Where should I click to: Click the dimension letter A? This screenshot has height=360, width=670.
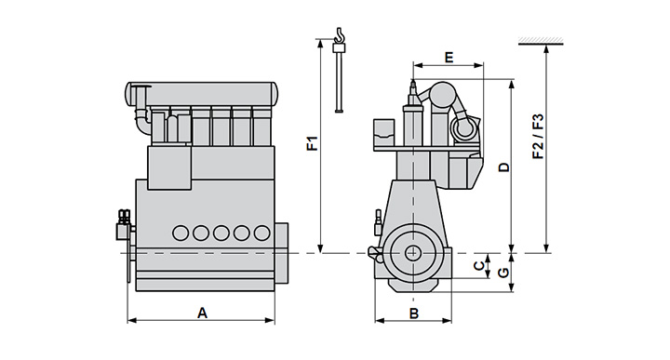coord(202,313)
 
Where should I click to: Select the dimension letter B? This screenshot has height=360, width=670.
coord(413,313)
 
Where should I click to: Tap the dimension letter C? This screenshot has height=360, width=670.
coord(479,266)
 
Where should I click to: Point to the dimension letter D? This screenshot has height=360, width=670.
coord(504,167)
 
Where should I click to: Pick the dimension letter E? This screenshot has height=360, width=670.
coord(449,58)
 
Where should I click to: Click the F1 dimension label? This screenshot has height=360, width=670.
coord(314,143)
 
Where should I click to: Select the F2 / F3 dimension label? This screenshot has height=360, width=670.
coord(539,136)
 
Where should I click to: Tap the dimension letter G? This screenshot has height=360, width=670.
coord(504,272)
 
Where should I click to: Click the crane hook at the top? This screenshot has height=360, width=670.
coord(340,35)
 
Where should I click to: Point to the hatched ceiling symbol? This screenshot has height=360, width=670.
coord(541,42)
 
